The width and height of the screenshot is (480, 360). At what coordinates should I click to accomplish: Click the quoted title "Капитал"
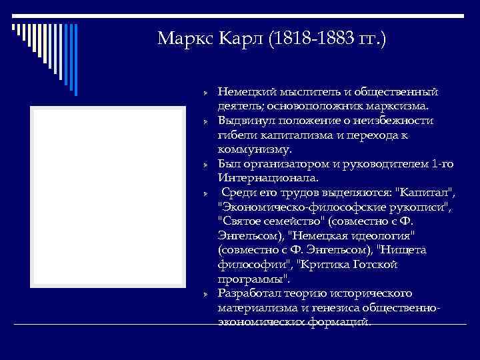(425, 193)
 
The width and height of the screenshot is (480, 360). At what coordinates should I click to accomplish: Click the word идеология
(383, 236)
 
